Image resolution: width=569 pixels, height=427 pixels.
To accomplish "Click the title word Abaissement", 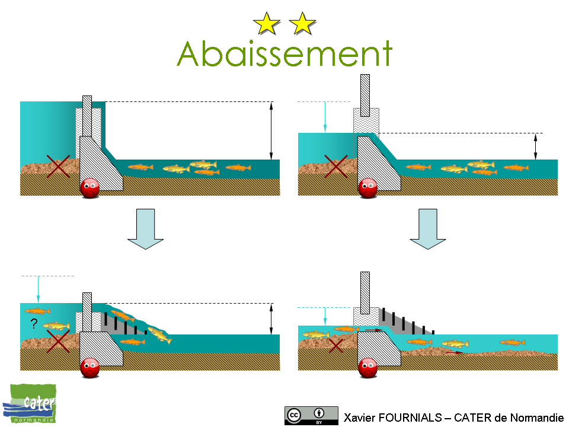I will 284,54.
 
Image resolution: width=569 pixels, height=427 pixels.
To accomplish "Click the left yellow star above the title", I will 266,24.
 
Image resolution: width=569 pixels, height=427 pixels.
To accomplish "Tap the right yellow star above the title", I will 303,24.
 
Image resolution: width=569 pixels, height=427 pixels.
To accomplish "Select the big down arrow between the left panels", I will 145,228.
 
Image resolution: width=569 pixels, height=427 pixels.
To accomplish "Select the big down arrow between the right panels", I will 427,228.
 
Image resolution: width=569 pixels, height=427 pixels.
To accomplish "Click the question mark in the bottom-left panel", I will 34,324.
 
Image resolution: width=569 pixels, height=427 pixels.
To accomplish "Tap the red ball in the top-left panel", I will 90,187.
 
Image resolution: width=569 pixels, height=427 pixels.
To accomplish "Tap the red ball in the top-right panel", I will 368,187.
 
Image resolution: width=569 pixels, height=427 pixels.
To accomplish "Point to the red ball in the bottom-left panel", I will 90,367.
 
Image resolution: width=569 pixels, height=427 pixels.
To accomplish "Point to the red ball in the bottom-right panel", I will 368,367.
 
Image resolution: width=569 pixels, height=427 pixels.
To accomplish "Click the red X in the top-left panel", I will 58,165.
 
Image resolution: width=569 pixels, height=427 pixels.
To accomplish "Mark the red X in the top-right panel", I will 336,165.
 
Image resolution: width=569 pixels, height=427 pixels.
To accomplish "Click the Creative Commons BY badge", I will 311,416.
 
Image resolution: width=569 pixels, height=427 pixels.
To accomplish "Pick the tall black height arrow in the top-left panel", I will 271,131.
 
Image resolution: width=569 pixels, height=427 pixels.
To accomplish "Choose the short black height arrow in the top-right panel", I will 536,146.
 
